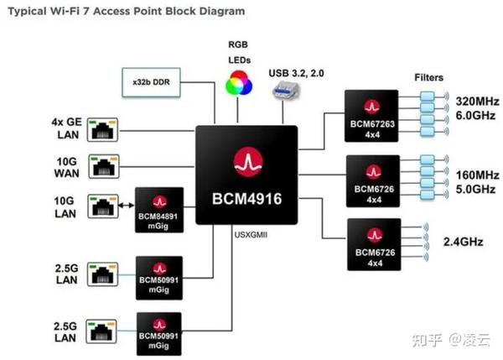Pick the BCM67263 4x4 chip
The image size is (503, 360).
[x=369, y=114]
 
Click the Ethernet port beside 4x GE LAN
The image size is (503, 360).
[x=103, y=128]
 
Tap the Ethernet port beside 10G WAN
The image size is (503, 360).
[x=103, y=166]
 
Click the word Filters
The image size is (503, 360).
[x=428, y=77]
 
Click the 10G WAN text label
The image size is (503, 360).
[x=65, y=165]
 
